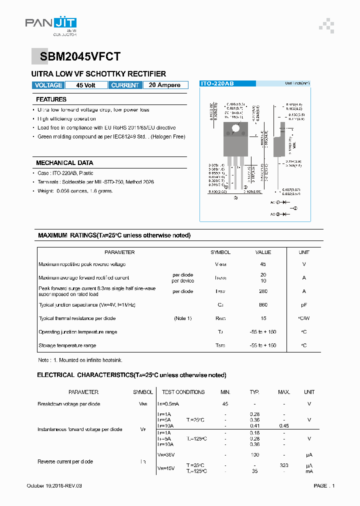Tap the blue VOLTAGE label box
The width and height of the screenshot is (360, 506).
[48, 85]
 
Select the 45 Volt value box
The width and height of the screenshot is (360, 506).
[85, 85]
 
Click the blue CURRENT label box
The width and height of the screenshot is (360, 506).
[125, 85]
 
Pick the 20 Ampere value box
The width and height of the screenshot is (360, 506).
[165, 85]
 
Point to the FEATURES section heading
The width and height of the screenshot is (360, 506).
[51, 99]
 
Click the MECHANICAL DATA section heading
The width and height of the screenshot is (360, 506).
[64, 163]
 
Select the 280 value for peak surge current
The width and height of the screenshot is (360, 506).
[263, 291]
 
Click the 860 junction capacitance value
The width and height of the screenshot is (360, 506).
[263, 304]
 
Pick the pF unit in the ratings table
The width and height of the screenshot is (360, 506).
[304, 304]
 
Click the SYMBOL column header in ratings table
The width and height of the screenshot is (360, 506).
[220, 252]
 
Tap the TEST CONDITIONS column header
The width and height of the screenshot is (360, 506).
[183, 392]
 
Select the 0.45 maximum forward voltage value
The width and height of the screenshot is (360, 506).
[284, 426]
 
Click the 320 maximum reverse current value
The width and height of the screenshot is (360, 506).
[284, 465]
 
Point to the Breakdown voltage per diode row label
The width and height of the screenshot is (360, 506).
[68, 404]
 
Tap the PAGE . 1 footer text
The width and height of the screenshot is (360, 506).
[324, 486]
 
